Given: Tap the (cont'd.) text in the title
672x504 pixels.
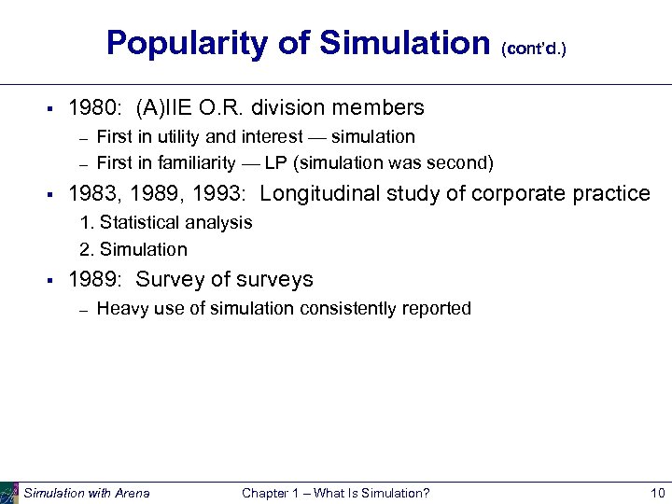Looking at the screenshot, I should pyautogui.click(x=533, y=47).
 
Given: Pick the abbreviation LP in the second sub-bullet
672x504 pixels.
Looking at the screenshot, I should pyautogui.click(x=275, y=163).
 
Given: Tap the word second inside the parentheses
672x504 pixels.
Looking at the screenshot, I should pyautogui.click(x=457, y=163).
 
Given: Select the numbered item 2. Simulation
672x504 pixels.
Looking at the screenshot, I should pyautogui.click(x=133, y=249).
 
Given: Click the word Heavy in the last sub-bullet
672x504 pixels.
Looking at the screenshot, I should pyautogui.click(x=120, y=309).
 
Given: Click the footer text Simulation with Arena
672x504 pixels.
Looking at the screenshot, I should pyautogui.click(x=86, y=493).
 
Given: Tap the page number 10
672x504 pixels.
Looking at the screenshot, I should pyautogui.click(x=656, y=493).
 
